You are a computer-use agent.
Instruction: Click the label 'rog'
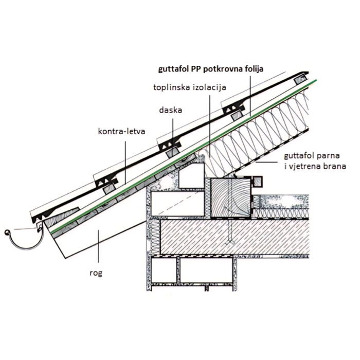click(96, 274)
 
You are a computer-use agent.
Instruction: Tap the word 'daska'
click(171, 110)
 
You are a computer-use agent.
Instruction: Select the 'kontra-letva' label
click(121, 131)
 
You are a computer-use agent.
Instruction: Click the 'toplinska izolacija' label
click(190, 87)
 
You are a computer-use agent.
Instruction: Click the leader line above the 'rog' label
click(98, 246)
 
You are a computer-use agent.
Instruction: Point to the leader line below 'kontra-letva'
click(125, 163)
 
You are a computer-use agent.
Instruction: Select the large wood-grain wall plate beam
click(230, 197)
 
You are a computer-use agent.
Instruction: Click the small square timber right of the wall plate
click(257, 182)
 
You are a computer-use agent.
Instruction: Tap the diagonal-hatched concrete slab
click(234, 237)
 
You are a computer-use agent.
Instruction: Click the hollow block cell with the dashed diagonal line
click(177, 204)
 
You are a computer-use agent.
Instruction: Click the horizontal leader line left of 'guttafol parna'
click(267, 163)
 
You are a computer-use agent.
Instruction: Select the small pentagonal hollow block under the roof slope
click(191, 176)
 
